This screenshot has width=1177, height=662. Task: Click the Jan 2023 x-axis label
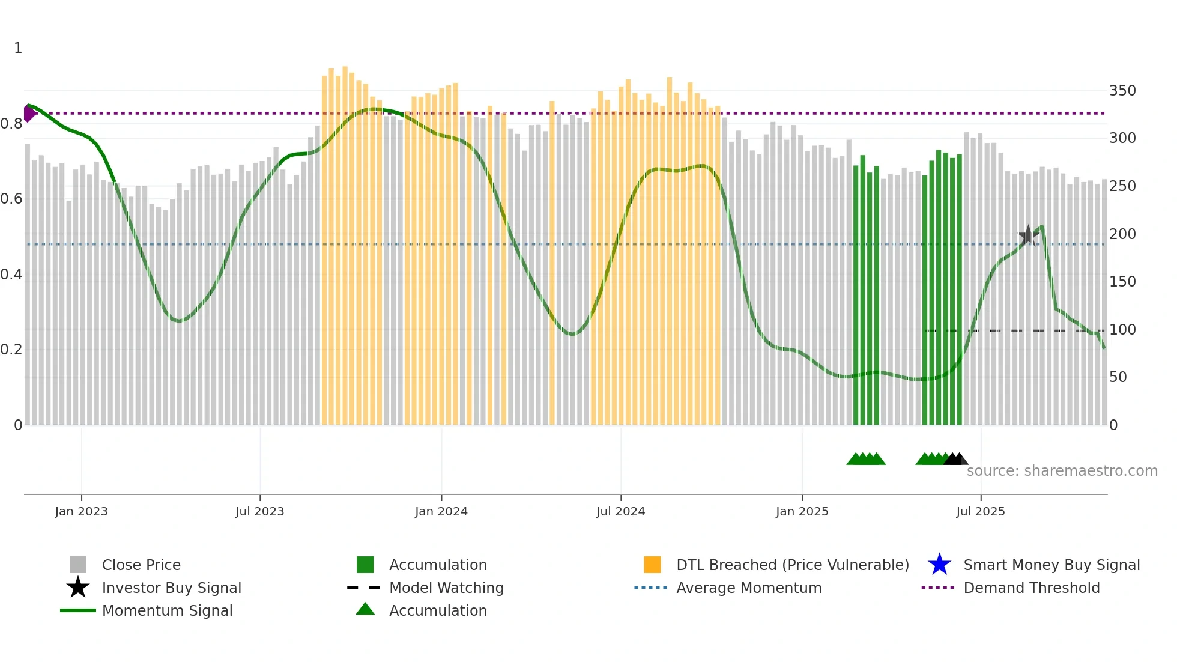81,511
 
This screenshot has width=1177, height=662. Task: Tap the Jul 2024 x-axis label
620,511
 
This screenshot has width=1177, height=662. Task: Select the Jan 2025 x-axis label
802,511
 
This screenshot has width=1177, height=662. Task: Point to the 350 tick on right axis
1122,91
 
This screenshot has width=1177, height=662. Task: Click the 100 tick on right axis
1122,330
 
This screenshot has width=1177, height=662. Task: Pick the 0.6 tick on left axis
11,199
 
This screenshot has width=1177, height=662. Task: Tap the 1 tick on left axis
18,48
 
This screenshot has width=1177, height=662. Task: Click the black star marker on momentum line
1028,235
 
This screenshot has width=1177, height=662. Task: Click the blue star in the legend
939,565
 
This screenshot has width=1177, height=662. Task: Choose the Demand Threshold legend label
1031,588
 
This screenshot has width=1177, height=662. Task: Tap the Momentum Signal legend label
167,610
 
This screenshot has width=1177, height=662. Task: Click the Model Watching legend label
446,588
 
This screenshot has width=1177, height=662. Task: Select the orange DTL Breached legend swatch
652,565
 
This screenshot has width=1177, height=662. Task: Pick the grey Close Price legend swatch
78,565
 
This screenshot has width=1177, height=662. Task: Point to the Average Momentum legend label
749,588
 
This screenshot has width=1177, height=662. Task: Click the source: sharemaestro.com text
1062,471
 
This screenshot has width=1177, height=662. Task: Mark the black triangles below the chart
955,459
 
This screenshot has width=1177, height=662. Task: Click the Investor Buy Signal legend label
171,588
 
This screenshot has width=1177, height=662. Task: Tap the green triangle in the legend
365,609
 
